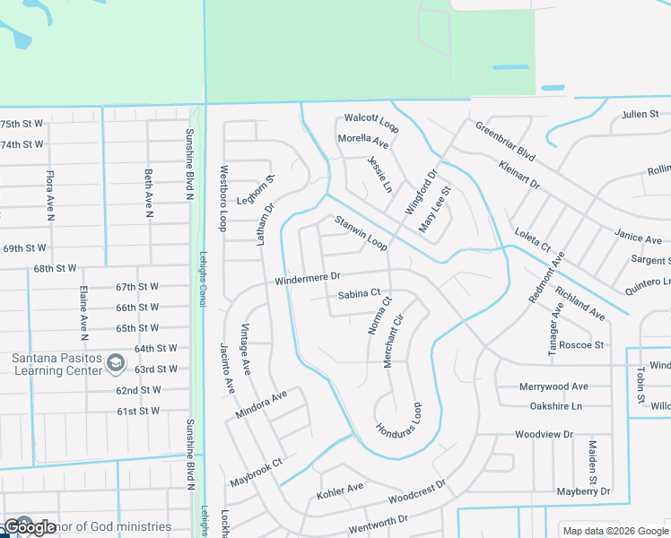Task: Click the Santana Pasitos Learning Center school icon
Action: click(115, 362)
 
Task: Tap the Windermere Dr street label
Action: click(308, 280)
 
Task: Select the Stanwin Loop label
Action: click(361, 232)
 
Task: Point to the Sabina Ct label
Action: click(360, 293)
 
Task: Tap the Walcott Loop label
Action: click(371, 122)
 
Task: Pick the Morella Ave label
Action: click(362, 141)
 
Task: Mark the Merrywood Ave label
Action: click(553, 386)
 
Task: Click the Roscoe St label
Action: click(580, 344)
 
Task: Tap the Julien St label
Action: click(640, 114)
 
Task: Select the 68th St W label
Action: click(56, 268)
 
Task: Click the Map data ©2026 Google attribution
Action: click(614, 530)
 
